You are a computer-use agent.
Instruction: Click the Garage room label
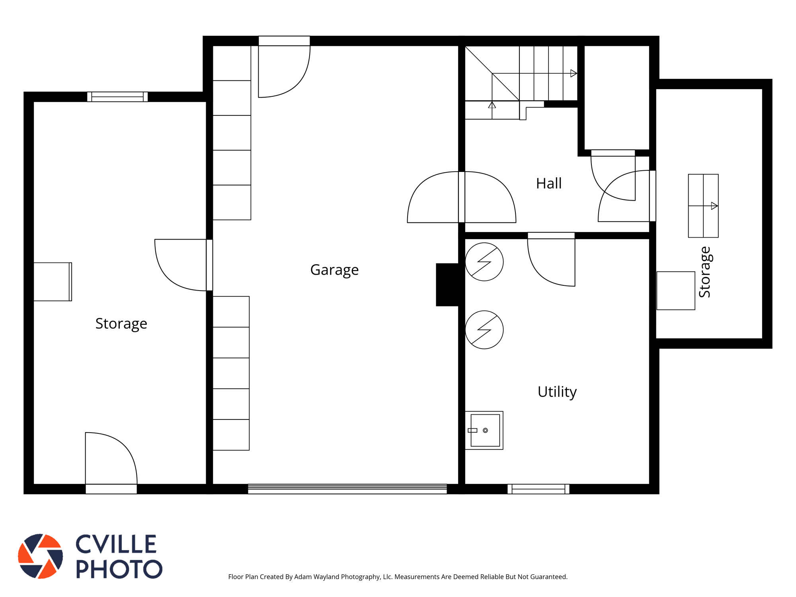(334, 270)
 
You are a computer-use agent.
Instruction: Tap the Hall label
(549, 183)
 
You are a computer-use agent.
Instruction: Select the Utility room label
(557, 392)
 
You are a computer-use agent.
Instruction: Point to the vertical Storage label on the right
(705, 272)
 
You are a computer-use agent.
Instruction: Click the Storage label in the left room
(121, 324)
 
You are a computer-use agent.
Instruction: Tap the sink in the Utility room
(484, 430)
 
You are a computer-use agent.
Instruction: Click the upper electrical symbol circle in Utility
(484, 262)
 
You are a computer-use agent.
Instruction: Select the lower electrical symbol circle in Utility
(484, 330)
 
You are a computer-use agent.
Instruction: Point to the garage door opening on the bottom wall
(347, 489)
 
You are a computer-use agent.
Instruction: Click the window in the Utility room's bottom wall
(538, 489)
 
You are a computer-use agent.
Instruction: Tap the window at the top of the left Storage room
(117, 97)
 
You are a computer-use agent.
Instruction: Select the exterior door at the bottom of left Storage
(111, 463)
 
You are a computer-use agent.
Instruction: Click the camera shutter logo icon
(41, 556)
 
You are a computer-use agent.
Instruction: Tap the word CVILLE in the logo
(116, 544)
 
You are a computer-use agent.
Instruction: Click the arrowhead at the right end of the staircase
(574, 73)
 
